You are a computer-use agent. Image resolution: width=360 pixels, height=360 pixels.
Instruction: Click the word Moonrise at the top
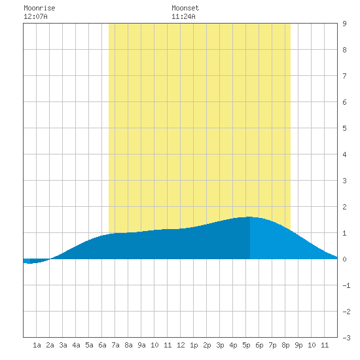[x=39, y=8]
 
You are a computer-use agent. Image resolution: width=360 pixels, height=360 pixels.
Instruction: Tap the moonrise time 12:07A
[x=35, y=16]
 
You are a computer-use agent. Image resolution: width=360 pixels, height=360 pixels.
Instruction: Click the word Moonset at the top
[x=185, y=8]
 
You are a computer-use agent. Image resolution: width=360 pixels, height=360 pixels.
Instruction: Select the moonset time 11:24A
[x=183, y=16]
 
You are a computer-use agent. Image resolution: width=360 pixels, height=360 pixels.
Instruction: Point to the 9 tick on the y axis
[x=344, y=24]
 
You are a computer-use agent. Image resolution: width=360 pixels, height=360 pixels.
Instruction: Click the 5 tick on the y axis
[x=344, y=128]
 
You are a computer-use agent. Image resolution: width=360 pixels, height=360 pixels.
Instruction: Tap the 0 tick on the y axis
[x=344, y=259]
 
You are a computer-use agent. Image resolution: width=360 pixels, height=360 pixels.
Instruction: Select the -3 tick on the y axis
[x=346, y=338]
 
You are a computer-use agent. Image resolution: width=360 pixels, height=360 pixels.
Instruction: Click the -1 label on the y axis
[x=346, y=285]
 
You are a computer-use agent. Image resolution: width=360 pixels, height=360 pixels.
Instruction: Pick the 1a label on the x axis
[x=37, y=345]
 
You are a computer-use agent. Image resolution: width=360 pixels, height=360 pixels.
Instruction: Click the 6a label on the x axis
[x=102, y=345]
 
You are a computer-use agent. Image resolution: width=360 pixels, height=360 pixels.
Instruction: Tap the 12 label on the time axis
[x=181, y=345]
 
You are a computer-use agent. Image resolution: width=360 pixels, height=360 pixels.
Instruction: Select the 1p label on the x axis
[x=194, y=345]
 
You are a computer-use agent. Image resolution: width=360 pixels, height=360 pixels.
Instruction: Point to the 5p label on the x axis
[x=246, y=345]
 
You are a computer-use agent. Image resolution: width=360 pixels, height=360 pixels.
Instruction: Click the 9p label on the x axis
[x=298, y=345]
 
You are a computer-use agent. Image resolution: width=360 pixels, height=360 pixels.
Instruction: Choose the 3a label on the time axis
[x=63, y=345]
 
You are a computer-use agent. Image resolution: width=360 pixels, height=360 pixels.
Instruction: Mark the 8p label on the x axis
[x=285, y=345]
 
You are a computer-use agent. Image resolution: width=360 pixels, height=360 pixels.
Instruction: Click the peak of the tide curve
[x=249, y=217]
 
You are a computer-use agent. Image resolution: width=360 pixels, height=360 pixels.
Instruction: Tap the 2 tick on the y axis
[x=344, y=207]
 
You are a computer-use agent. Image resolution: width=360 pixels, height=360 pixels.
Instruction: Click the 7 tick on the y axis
[x=344, y=76]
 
